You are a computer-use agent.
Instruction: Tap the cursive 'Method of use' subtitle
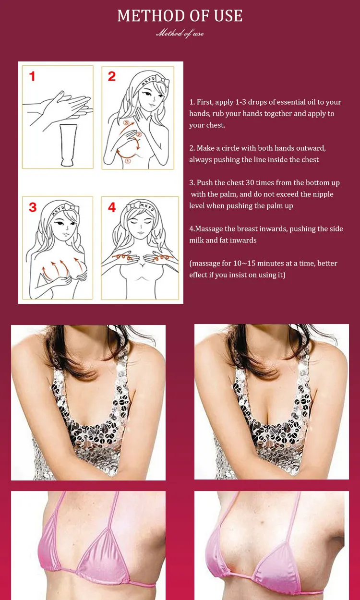180,33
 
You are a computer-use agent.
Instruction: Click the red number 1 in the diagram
32,76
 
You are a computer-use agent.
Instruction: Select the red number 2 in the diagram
112,76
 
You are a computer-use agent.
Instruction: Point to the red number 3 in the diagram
33,207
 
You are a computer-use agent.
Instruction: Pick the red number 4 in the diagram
112,207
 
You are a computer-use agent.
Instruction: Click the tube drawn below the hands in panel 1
68,145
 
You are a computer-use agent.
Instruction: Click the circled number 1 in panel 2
128,161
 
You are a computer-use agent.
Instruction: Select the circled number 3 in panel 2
126,123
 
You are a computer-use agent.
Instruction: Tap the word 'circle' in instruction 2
230,148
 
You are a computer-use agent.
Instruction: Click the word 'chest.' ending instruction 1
216,125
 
